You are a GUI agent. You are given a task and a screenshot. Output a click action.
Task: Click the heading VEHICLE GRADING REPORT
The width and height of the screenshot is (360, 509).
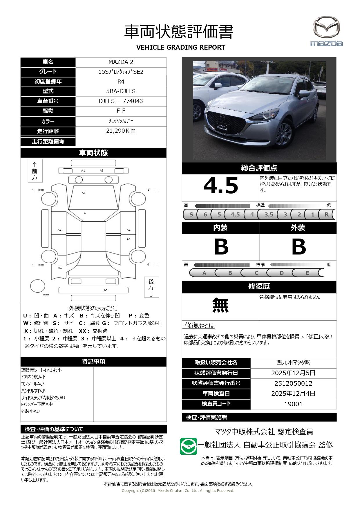[180, 47]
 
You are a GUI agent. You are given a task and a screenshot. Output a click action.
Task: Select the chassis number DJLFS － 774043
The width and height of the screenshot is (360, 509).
[121, 101]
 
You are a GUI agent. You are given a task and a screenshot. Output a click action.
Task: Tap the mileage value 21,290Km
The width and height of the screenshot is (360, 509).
[121, 131]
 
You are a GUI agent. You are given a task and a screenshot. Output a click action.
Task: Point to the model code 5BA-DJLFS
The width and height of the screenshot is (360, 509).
[121, 91]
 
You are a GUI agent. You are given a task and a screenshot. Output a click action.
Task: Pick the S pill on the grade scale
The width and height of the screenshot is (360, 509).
[191, 214]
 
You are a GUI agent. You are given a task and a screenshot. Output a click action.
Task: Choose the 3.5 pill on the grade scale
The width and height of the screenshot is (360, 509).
[269, 214]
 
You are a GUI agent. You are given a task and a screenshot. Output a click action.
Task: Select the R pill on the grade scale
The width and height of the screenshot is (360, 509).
[326, 214]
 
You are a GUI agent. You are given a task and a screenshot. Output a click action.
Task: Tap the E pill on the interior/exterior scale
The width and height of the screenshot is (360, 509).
[307, 273]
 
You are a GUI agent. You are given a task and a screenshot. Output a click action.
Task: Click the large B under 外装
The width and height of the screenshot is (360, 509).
[298, 247]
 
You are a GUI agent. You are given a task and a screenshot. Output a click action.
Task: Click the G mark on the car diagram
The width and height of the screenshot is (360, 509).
[85, 213]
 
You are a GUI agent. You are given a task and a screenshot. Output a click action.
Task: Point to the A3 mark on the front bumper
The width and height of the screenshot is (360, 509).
[102, 171]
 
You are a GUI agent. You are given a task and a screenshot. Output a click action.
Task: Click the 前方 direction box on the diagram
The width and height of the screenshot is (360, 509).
[35, 171]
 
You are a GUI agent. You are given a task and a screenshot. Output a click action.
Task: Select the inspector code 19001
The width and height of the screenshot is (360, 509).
[293, 404]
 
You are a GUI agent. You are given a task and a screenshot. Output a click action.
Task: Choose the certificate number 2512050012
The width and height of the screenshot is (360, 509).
[293, 383]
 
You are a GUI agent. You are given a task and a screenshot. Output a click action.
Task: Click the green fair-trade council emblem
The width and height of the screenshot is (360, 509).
[188, 446]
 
